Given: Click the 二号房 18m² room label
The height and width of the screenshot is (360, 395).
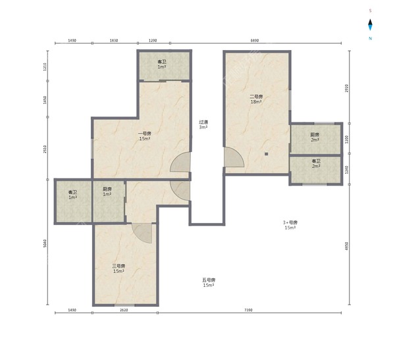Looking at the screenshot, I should pyautogui.click(x=256, y=99).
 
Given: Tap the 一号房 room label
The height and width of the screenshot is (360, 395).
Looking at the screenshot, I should pyautogui.click(x=145, y=136).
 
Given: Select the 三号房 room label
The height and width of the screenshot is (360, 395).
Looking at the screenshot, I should pyautogui.click(x=118, y=269).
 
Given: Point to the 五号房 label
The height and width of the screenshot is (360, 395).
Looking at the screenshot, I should pyautogui.click(x=209, y=282).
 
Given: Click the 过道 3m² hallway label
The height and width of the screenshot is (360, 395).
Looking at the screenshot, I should pyautogui.click(x=204, y=124).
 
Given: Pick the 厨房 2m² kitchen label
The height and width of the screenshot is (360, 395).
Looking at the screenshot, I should pyautogui.click(x=315, y=137).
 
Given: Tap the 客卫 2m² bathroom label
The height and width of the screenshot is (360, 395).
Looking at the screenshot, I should pyautogui.click(x=316, y=163).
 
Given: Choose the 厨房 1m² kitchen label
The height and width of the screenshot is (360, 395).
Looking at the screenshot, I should pyautogui.click(x=107, y=192).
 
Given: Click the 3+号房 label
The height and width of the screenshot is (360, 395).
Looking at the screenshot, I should pyautogui.click(x=290, y=224).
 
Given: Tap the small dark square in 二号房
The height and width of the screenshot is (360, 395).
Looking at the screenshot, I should pyautogui.click(x=267, y=154).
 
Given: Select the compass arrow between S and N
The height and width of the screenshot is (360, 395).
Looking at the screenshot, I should pyautogui.click(x=371, y=25).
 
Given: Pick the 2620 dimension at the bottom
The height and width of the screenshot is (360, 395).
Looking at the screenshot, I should pyautogui.click(x=124, y=310).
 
